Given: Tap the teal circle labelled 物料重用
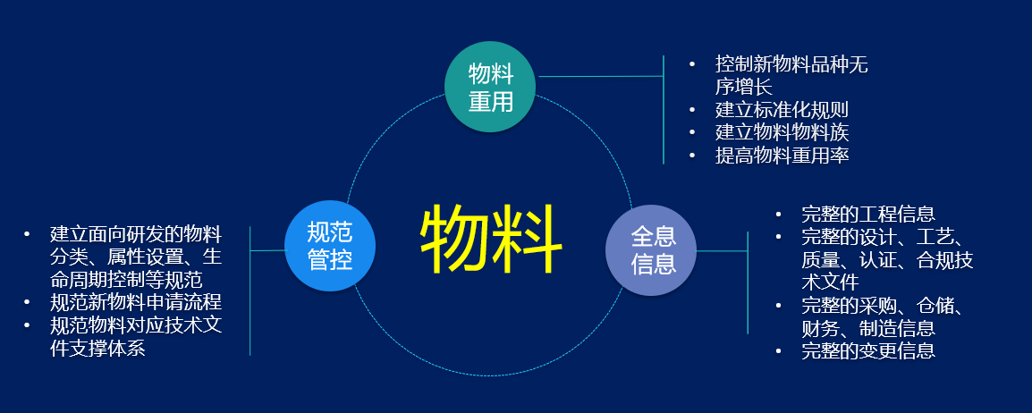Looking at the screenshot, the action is [x=491, y=86].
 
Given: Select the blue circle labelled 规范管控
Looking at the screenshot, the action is [x=330, y=246].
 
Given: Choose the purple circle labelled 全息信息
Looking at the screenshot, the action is [x=651, y=250].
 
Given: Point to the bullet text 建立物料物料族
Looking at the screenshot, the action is [x=782, y=133].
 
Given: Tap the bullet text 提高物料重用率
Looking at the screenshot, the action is [x=782, y=156].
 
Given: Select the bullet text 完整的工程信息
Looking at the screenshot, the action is [x=868, y=214].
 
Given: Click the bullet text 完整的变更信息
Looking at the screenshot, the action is [x=868, y=350].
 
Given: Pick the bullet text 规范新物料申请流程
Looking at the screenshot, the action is [x=136, y=302].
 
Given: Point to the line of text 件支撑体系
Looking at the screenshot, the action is [x=97, y=348].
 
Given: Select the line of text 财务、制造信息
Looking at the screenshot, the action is [x=868, y=327].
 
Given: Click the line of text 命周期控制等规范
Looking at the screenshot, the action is [x=126, y=280].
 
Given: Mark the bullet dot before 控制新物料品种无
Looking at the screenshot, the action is [x=692, y=64].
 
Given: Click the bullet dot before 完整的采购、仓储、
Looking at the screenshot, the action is [x=779, y=305].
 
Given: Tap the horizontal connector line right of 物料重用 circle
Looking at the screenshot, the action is [x=600, y=76].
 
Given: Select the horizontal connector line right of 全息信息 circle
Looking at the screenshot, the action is [x=722, y=250].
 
